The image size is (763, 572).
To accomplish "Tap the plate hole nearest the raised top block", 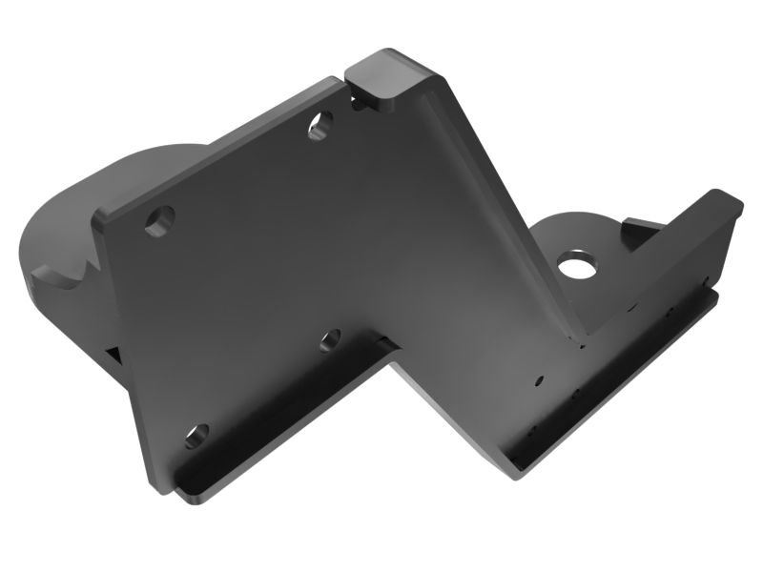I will pos(320,125).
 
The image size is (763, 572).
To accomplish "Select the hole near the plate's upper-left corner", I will pos(159,220).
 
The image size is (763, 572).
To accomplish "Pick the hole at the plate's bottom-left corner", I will pos(195,437).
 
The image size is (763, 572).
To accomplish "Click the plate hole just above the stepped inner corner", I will pos(330,338).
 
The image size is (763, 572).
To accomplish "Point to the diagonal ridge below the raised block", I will pos(496,210).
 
